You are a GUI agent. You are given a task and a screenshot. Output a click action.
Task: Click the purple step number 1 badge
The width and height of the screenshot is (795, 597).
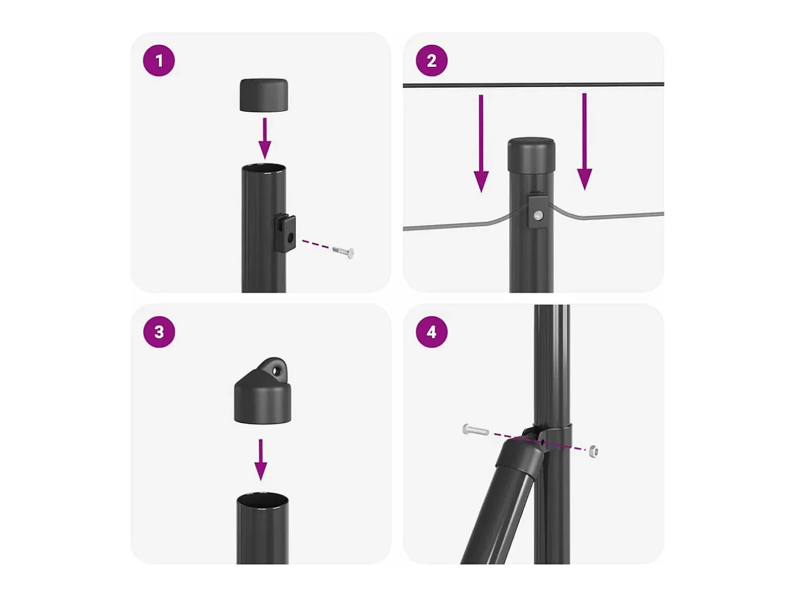tap(158, 60)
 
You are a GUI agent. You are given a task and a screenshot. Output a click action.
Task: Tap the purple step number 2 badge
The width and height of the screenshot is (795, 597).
tap(431, 60)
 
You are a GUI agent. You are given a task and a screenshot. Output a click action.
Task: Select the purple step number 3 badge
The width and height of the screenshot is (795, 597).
tap(158, 332)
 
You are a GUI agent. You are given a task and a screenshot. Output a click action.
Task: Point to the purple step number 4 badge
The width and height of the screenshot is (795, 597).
tap(431, 332)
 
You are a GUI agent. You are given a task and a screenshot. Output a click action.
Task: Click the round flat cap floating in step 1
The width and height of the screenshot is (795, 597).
tap(264, 95)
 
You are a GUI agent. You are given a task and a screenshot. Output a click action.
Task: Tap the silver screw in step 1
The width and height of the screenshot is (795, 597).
tap(343, 252)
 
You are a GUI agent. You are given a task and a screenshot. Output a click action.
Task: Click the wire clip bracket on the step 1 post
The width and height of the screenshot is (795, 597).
tap(285, 233)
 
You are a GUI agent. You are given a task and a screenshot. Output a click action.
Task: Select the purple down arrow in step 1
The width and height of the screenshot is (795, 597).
tap(265, 138)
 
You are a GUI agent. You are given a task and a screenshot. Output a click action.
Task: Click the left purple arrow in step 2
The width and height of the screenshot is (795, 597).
tap(481, 143)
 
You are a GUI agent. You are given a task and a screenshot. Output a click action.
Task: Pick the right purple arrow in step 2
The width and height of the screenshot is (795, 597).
tap(584, 142)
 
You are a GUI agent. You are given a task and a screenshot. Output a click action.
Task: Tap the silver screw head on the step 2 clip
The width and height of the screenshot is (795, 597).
tap(538, 216)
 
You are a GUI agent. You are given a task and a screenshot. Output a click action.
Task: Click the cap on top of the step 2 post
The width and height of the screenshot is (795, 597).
tap(531, 155)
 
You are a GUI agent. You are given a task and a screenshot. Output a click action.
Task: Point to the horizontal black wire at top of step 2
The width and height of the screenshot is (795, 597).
tap(533, 85)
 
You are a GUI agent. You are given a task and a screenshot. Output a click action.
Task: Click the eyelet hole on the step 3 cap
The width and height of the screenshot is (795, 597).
tap(277, 371)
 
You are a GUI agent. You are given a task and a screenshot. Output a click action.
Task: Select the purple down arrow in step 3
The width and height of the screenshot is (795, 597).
tap(260, 460)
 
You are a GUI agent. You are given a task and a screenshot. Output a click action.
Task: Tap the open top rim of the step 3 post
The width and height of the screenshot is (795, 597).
tap(262, 498)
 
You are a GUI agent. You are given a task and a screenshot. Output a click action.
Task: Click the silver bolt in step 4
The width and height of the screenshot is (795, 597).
tap(475, 430)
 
